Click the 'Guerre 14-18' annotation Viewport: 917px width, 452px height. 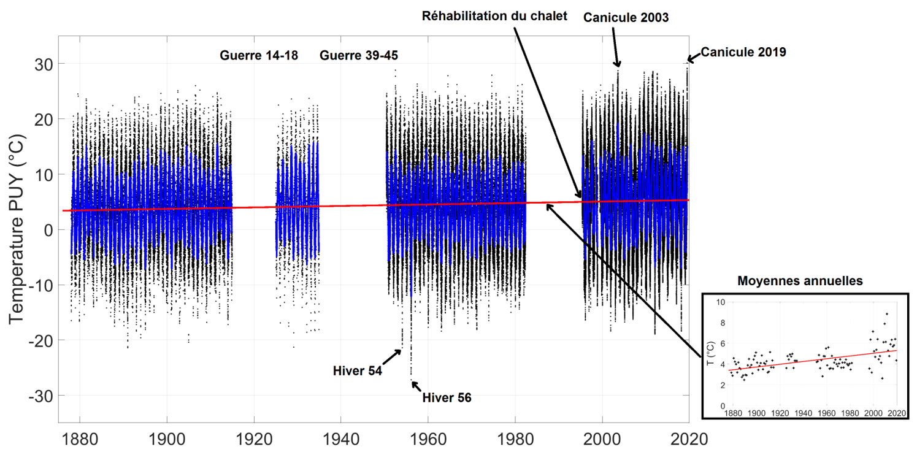(259, 56)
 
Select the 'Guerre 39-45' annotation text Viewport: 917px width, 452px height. (359, 56)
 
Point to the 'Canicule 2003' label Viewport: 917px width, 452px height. (626, 18)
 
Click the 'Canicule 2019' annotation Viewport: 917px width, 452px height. (743, 52)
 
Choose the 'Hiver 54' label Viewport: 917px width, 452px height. (358, 371)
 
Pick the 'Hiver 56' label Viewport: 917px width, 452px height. (447, 397)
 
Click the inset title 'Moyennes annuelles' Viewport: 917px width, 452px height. (800, 281)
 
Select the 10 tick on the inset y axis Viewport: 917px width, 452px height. (721, 302)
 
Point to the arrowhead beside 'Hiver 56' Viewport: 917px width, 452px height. (413, 383)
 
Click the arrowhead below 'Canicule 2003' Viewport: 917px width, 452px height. (618, 64)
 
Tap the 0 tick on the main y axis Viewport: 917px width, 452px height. (48, 230)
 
